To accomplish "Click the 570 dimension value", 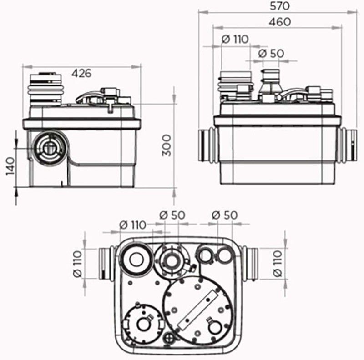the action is pyautogui.click(x=280, y=6).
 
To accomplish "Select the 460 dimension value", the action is pyautogui.click(x=280, y=22).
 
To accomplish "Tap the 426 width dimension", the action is pyautogui.click(x=81, y=73).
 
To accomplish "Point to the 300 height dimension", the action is pyautogui.click(x=167, y=145).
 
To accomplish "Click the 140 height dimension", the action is pyautogui.click(x=10, y=166).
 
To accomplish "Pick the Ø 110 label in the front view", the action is pyautogui.click(x=235, y=39).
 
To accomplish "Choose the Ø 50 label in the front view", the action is pyautogui.click(x=271, y=54).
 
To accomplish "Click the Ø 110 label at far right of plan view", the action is pyautogui.click(x=278, y=264).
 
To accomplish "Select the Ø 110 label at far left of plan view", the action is pyautogui.click(x=77, y=264).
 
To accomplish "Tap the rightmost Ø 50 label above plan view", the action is pyautogui.click(x=224, y=215).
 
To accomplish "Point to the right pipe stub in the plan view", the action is pyautogui.click(x=249, y=263).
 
